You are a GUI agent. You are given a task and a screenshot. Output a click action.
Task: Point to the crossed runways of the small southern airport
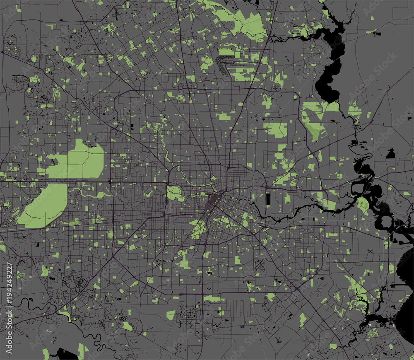[260, 266]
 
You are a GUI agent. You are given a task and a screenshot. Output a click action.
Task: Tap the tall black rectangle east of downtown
[267, 198]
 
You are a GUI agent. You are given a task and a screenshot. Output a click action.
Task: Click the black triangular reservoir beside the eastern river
[390, 155]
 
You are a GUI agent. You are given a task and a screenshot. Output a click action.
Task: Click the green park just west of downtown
[174, 193]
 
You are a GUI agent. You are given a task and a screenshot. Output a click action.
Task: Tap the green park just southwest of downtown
[198, 227]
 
